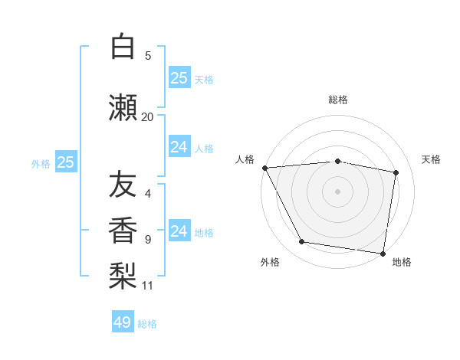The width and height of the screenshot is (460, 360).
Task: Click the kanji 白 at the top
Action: pos(123,47)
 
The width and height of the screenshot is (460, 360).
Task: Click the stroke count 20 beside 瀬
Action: pos(147,116)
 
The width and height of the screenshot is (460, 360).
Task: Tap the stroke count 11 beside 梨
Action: pos(147,286)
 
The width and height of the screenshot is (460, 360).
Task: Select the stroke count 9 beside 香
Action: pos(147,239)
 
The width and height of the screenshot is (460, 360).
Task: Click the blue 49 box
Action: pos(123,322)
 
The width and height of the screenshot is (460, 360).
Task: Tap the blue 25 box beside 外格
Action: pos(65,162)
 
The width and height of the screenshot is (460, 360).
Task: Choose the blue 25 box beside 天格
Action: pos(179,78)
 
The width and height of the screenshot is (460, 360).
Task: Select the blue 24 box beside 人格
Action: pos(179,147)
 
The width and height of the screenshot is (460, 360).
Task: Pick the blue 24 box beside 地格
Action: pos(179,231)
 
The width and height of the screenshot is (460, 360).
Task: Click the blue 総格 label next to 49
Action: pos(147,324)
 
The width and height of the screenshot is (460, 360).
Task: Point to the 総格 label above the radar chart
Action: pos(338,100)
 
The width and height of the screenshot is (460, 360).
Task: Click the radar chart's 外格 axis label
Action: pos(270,262)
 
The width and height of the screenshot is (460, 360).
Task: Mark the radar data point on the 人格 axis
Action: pos(264,168)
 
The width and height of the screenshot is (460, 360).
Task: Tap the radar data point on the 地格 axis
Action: pos(383,253)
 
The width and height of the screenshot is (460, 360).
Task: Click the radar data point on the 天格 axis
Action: pos(396,172)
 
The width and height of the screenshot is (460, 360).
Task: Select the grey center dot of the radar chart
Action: pos(338,191)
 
